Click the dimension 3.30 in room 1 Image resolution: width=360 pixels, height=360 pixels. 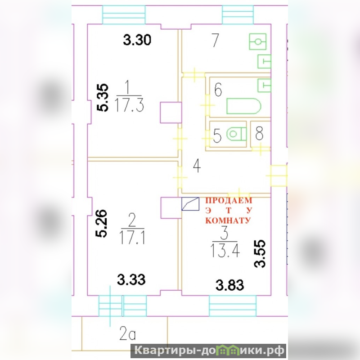[x=137, y=40]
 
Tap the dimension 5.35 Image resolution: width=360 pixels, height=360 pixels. [x=102, y=98]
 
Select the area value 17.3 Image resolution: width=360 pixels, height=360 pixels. [x=130, y=106]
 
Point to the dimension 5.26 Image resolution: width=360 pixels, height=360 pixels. [x=101, y=223]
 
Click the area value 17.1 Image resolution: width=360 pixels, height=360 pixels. [x=132, y=238]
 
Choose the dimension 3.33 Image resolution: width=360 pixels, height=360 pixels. [x=131, y=279]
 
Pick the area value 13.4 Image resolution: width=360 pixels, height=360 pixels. [x=225, y=251]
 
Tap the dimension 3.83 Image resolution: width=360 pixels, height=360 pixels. [x=230, y=285]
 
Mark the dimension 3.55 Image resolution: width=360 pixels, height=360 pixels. [x=260, y=254]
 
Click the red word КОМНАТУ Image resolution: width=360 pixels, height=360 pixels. [x=228, y=220]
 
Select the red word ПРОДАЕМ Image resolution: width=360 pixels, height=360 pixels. [x=229, y=200]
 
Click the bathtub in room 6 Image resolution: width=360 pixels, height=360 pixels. [x=243, y=106]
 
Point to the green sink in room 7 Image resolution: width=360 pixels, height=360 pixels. [x=258, y=41]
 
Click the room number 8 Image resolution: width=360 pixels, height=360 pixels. [x=259, y=134]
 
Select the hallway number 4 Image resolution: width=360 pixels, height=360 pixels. [x=197, y=166]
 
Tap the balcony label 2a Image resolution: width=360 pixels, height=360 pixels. [x=127, y=333]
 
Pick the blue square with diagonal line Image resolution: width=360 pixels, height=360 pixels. [x=190, y=204]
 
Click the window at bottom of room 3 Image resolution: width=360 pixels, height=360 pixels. [x=233, y=306]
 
